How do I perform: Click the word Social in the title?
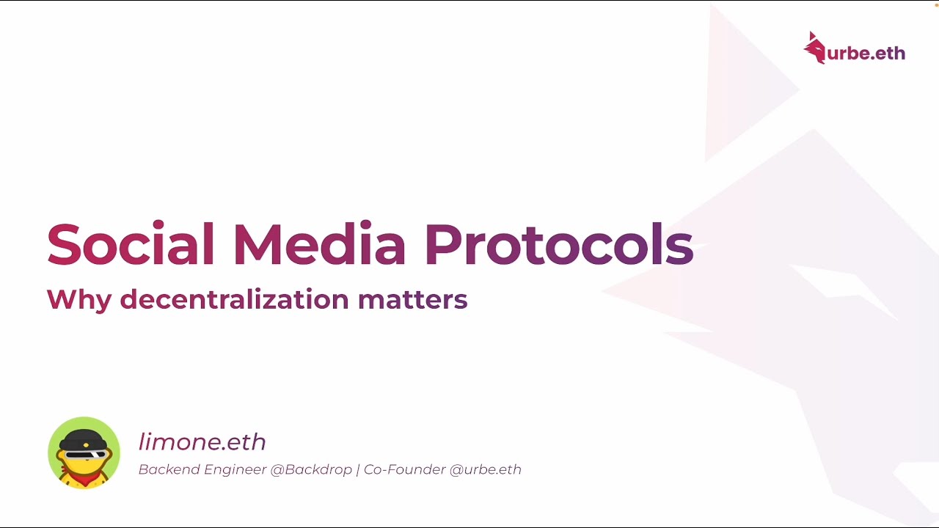point(131,244)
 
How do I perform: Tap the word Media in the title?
point(319,244)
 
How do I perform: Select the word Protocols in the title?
point(558,244)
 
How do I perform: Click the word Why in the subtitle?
point(78,299)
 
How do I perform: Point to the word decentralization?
point(234,298)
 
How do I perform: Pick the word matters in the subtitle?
point(412,299)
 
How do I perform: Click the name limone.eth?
point(202,442)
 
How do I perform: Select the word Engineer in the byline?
point(235,470)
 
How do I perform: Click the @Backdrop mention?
point(311,469)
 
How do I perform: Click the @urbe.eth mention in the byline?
point(485,469)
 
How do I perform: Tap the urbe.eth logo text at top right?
point(866,53)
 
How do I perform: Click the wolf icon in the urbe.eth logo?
point(814,48)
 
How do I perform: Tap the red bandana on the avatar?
point(84,480)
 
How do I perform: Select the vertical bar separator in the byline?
point(358,469)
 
